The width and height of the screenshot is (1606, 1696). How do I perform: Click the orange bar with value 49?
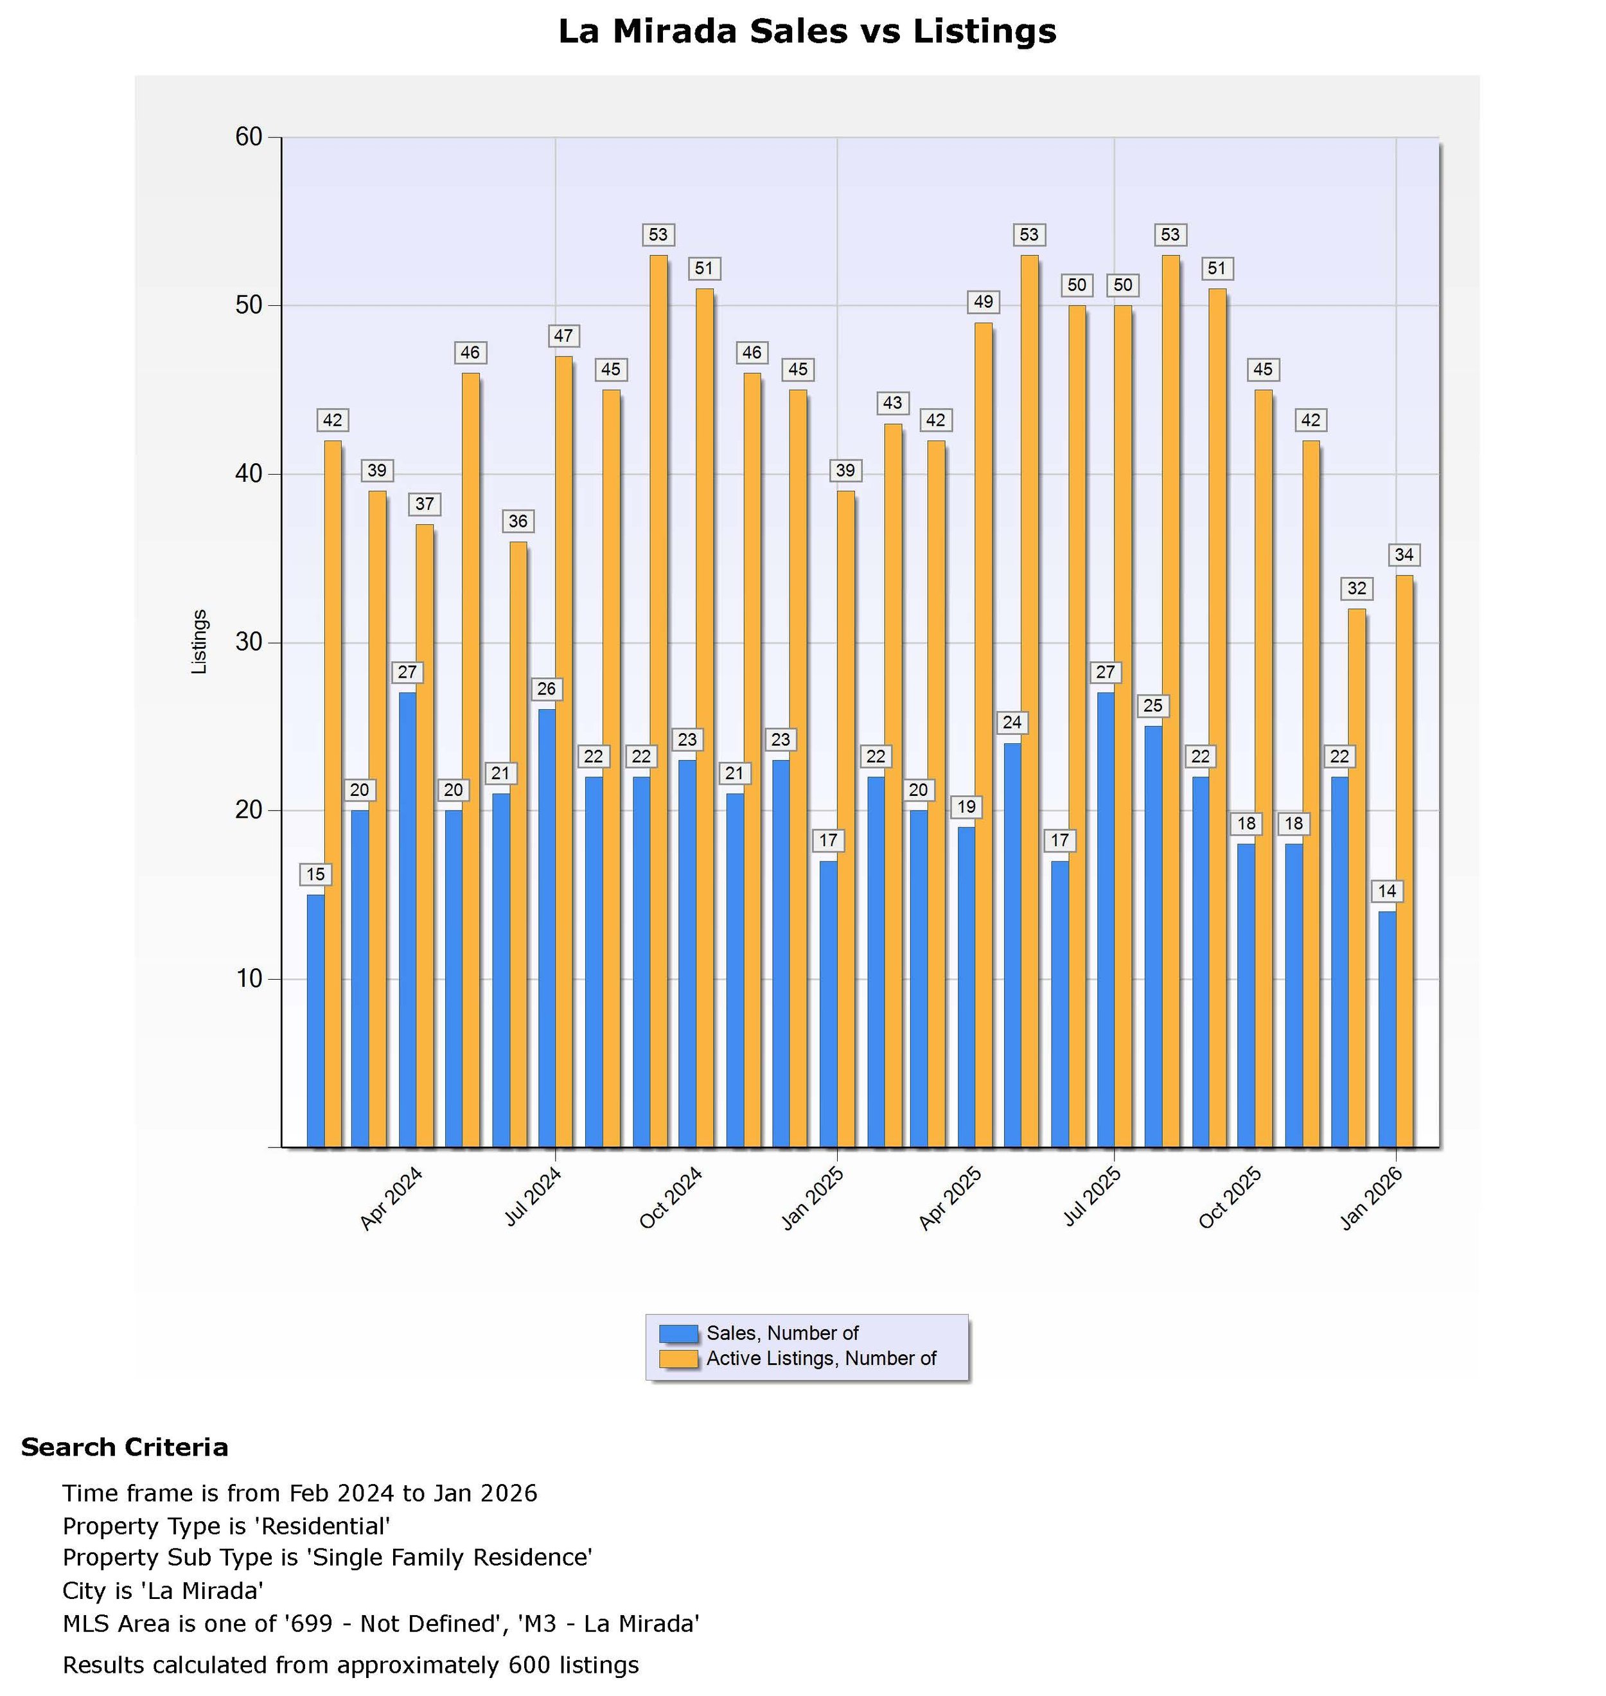click(x=984, y=734)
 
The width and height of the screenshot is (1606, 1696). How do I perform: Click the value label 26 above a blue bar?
click(x=546, y=689)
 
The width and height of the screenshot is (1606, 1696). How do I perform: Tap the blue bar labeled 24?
click(x=1012, y=944)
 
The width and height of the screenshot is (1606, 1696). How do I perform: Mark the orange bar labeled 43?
click(x=893, y=784)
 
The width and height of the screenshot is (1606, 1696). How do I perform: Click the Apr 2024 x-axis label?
click(x=391, y=1199)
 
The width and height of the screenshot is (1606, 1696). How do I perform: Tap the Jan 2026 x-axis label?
click(x=1372, y=1199)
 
